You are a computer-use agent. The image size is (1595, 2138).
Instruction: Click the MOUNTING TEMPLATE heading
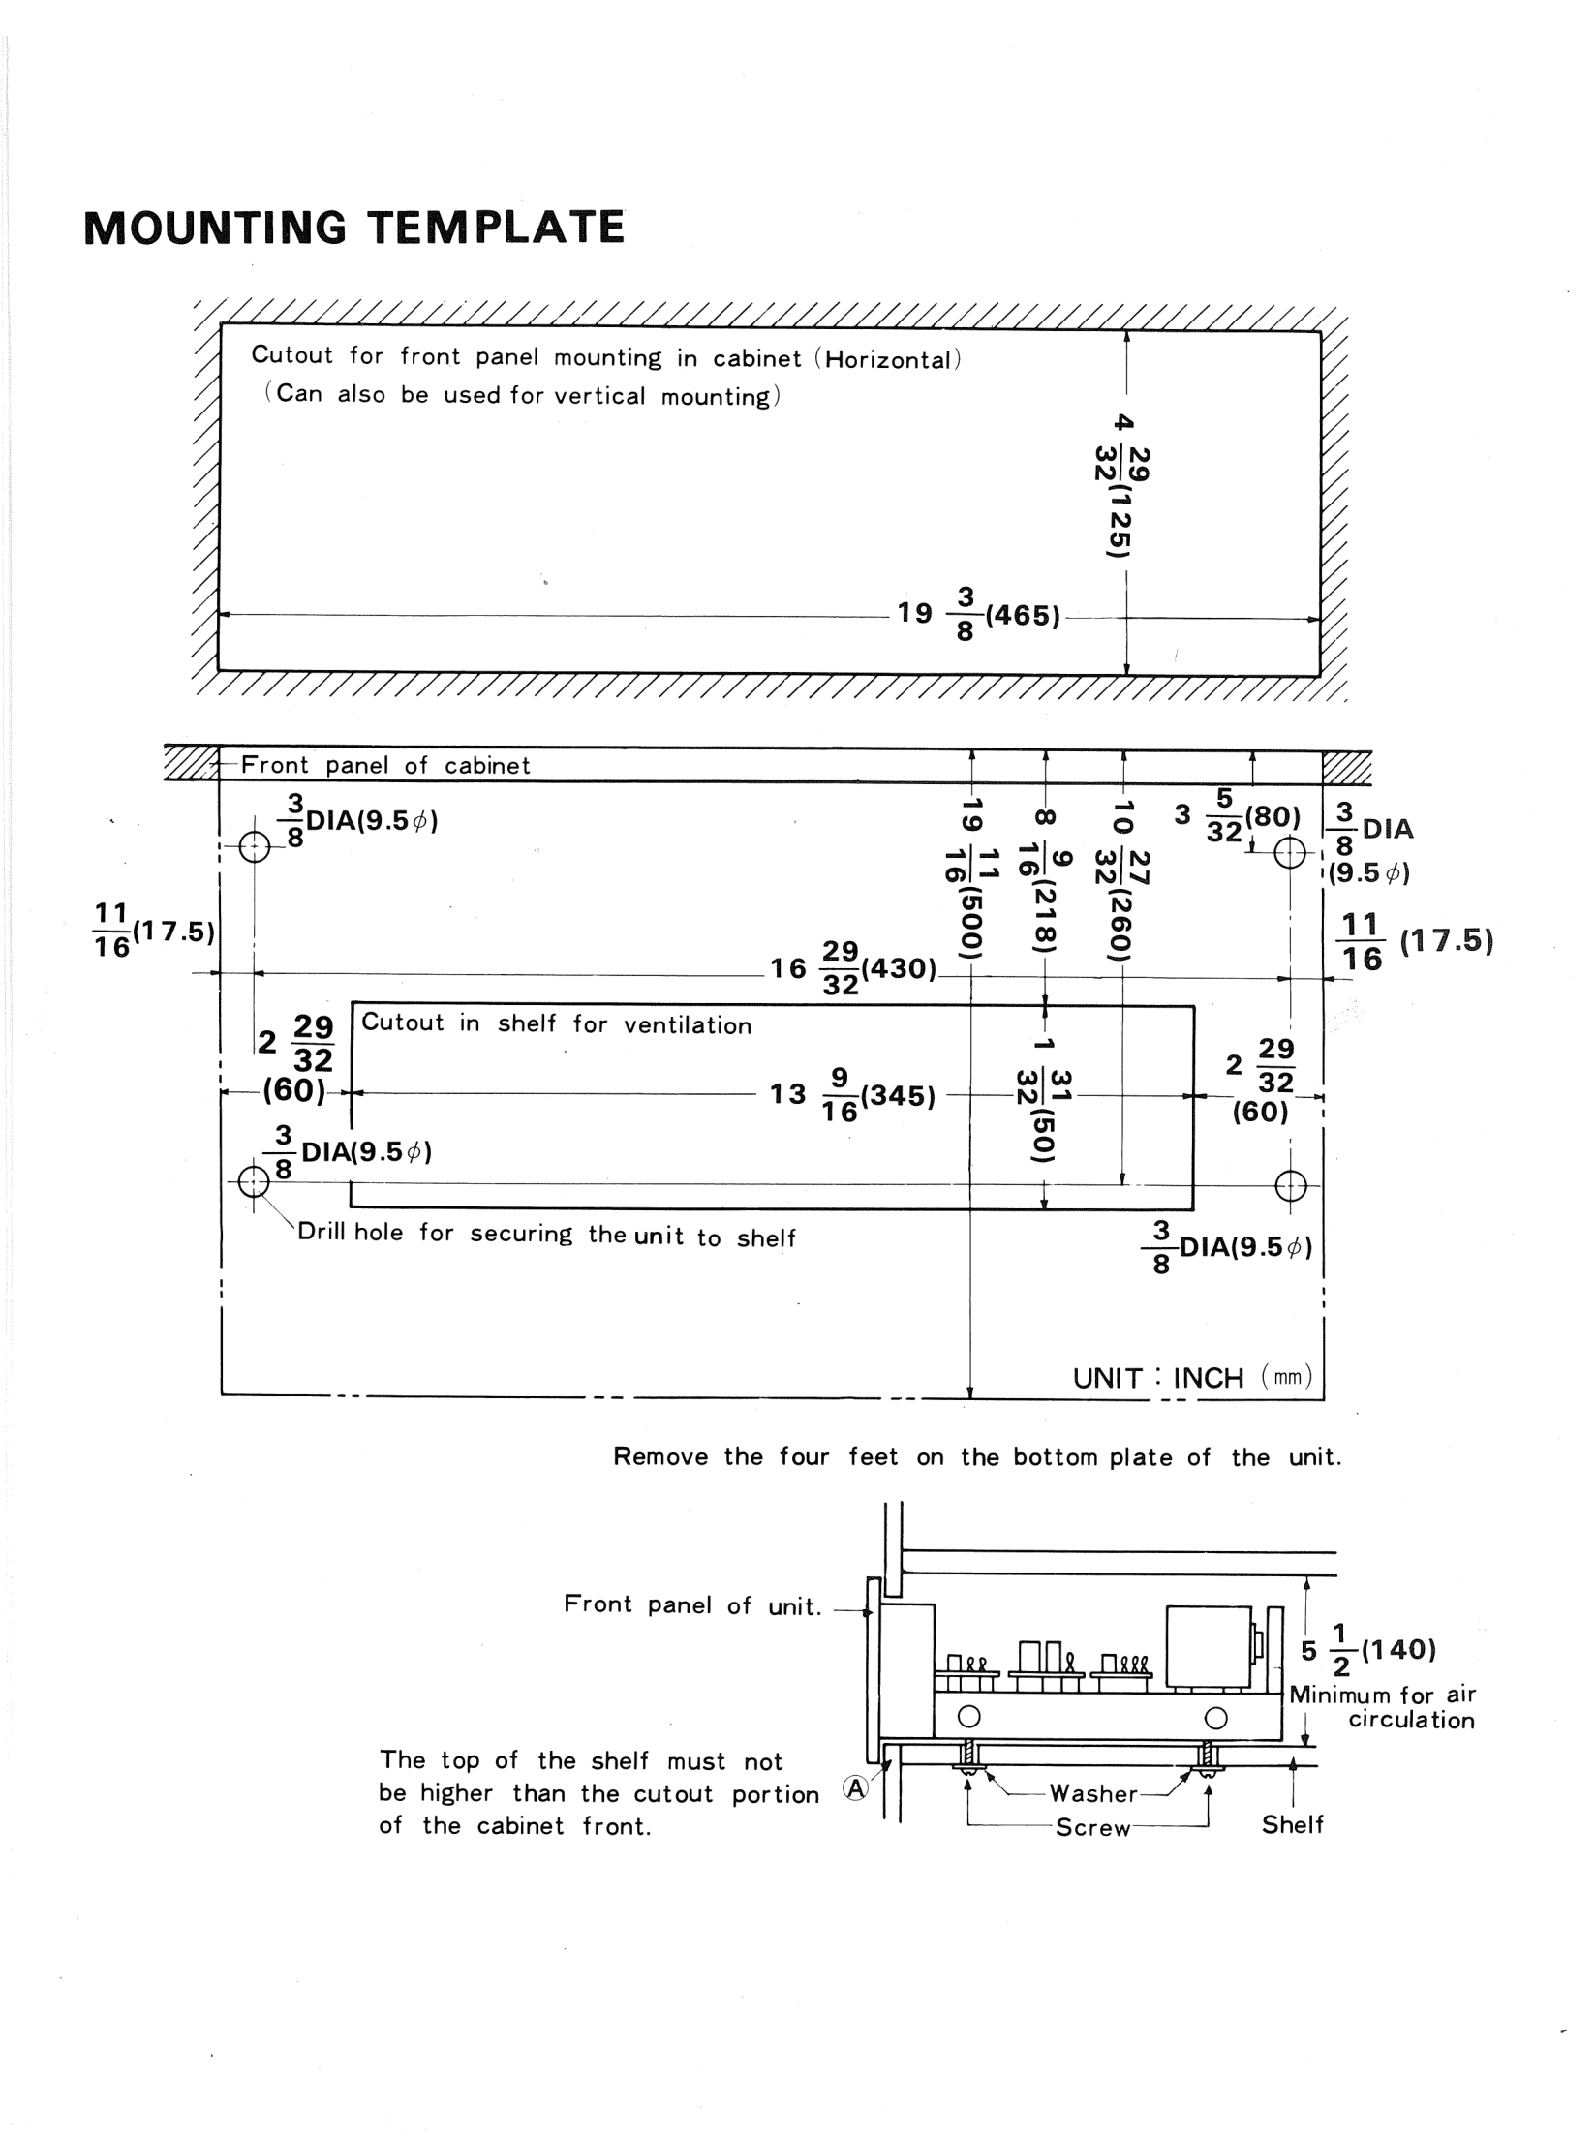(x=354, y=228)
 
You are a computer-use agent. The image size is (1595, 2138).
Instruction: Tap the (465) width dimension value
(x=1023, y=616)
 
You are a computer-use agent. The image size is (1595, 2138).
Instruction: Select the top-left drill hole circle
(x=254, y=847)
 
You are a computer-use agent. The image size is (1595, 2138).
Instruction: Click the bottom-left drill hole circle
(x=254, y=1181)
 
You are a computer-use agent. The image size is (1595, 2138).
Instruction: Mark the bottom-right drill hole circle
(x=1291, y=1185)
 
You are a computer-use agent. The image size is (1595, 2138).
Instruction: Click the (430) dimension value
(x=898, y=968)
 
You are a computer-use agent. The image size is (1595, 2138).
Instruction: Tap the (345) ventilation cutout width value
(x=898, y=1095)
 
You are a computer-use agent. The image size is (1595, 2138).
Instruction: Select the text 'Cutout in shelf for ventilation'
(x=556, y=1023)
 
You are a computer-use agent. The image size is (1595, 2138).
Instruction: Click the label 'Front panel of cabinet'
(x=385, y=765)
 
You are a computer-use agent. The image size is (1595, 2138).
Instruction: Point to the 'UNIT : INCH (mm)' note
(x=1192, y=1377)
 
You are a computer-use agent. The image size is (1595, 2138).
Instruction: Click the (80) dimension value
(x=1273, y=816)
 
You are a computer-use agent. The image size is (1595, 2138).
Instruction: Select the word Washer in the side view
(x=1093, y=1793)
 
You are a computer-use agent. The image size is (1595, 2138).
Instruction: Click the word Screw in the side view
(x=1093, y=1828)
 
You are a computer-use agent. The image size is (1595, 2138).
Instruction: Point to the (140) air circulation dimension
(x=1398, y=1649)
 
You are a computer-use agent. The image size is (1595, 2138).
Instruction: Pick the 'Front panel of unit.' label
(x=692, y=1604)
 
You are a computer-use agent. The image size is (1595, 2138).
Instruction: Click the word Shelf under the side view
(x=1292, y=1824)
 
